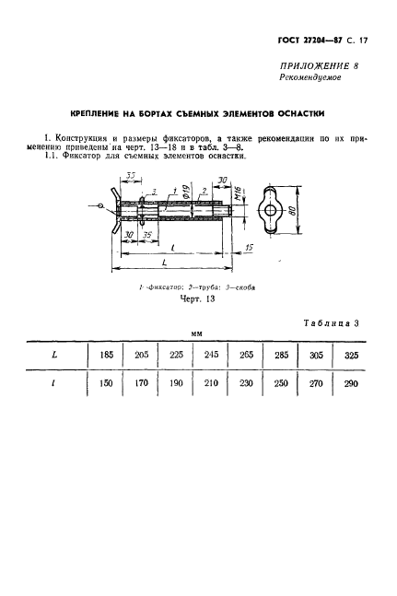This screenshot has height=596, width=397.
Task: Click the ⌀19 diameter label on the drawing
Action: point(184,193)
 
